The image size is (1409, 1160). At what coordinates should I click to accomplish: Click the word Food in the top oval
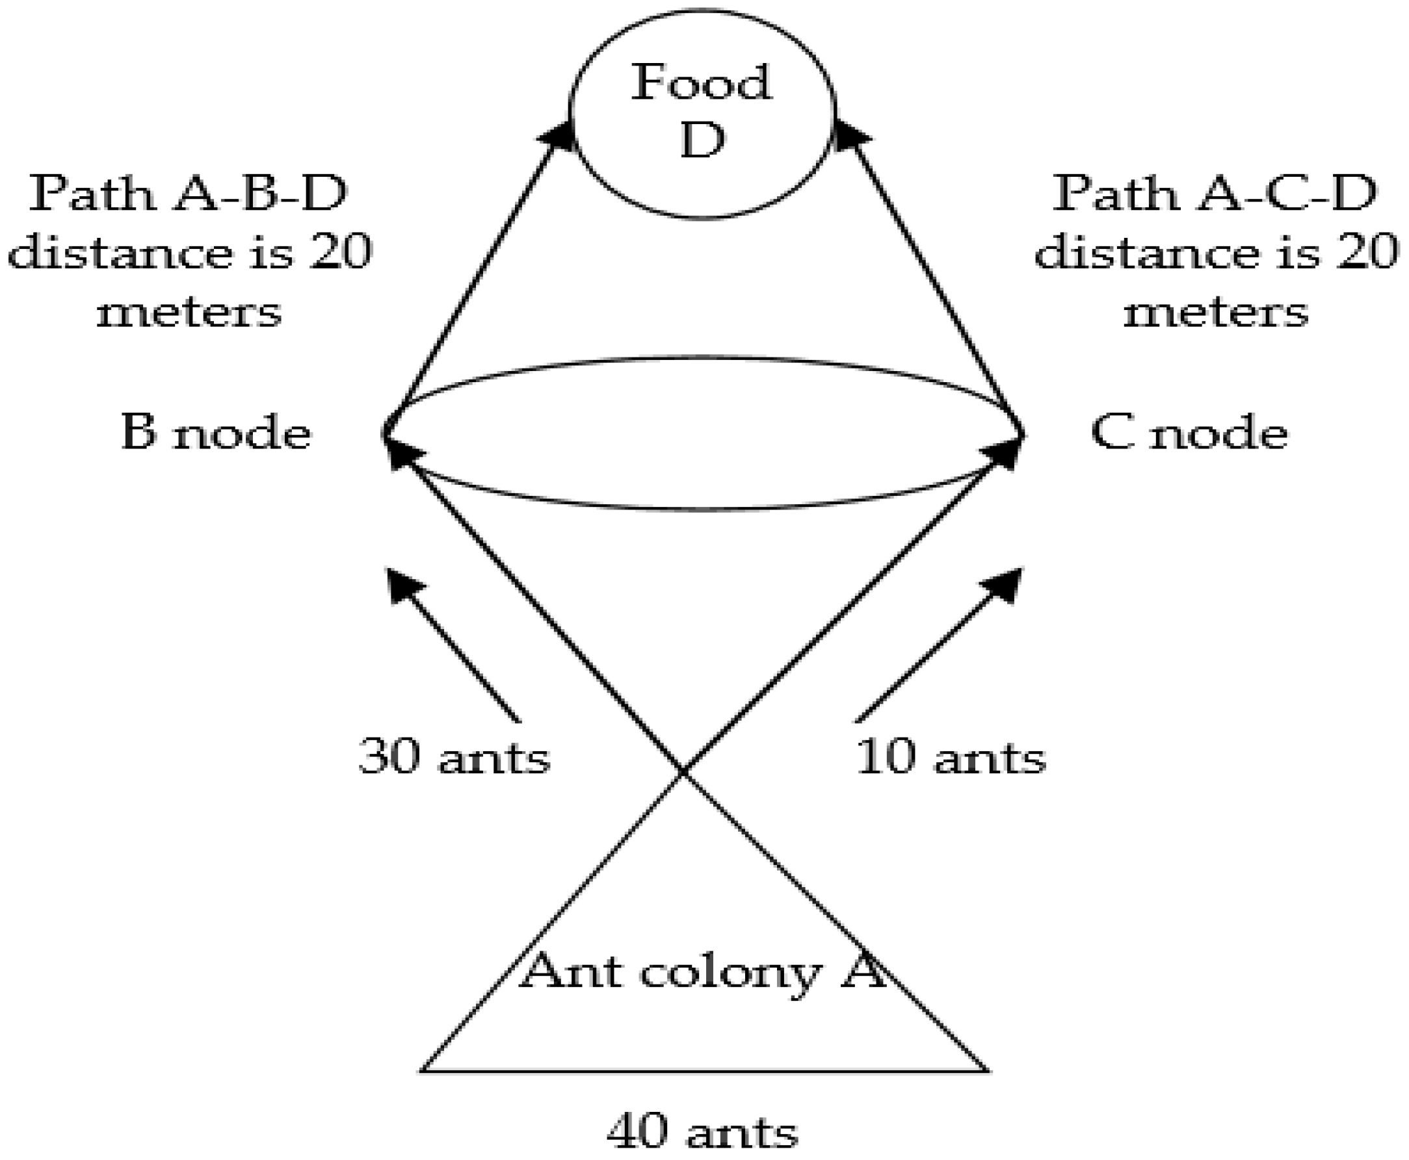(701, 83)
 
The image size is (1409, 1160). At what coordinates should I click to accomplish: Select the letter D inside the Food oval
(702, 140)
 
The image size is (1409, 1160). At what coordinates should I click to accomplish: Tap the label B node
(215, 432)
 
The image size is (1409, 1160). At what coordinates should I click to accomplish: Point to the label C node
(1189, 432)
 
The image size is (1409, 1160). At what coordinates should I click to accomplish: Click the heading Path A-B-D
(188, 194)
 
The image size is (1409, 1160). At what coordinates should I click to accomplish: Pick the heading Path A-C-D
(1215, 194)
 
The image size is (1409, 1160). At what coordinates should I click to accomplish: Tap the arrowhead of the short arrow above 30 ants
(402, 584)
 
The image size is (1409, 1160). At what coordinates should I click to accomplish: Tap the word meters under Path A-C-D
(1215, 311)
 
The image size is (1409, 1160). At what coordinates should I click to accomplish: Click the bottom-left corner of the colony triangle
(421, 1070)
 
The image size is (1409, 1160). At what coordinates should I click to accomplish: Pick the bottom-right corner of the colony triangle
(988, 1070)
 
